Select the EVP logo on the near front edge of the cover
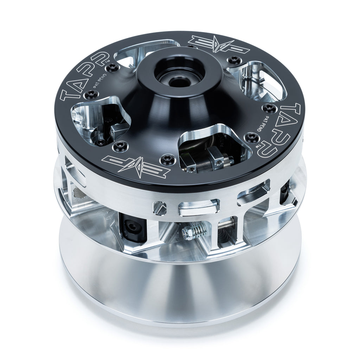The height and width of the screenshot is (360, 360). point(139,165)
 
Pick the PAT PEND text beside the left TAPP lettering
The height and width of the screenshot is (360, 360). point(102,83)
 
